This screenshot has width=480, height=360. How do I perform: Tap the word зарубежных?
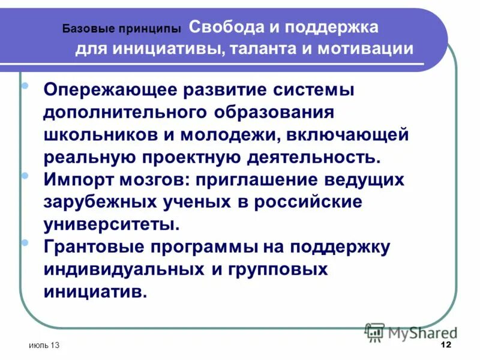pyautogui.click(x=99, y=203)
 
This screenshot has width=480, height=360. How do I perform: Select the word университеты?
pyautogui.click(x=111, y=224)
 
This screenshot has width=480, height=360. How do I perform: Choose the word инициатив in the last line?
pyautogui.click(x=95, y=292)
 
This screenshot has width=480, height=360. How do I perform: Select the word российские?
pyautogui.click(x=309, y=203)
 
